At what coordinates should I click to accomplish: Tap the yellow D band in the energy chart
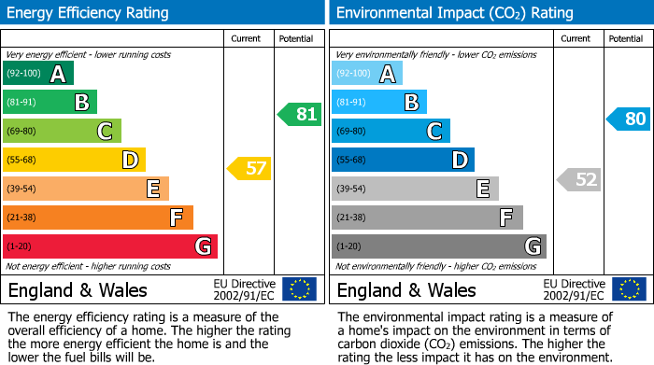(75, 160)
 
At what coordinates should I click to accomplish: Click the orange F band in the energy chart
(98, 218)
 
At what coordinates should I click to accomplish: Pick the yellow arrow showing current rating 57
(249, 169)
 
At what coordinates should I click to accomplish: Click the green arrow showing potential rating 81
(299, 115)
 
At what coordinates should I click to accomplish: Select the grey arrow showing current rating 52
(578, 179)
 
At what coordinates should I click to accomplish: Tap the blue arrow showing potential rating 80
(628, 119)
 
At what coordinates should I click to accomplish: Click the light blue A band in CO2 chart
(367, 74)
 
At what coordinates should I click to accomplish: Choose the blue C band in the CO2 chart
(391, 131)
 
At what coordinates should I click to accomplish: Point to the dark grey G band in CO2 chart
(438, 246)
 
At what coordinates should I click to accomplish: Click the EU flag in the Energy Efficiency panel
(299, 288)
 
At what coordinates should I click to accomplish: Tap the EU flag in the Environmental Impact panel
(631, 288)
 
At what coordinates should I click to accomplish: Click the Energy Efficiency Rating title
(89, 13)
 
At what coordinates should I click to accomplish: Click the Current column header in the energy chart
(248, 38)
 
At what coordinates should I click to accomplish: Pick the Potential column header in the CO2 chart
(626, 38)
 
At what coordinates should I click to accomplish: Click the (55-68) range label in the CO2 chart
(353, 161)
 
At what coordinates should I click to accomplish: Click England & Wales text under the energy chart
(78, 289)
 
